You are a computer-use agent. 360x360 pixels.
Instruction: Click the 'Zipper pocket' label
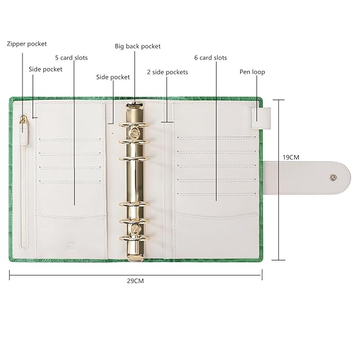(26, 44)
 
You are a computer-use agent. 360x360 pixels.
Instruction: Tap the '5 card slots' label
(71, 57)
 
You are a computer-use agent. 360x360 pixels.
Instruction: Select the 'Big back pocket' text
(137, 46)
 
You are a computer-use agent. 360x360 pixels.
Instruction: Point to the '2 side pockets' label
(168, 72)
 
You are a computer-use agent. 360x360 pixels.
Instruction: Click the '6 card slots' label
(210, 57)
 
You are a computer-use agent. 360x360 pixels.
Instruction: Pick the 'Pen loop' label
(252, 72)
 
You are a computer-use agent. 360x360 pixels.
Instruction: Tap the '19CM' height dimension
(291, 157)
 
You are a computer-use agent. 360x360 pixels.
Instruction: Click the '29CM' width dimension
(136, 281)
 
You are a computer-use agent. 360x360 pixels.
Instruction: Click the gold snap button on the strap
(333, 177)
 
